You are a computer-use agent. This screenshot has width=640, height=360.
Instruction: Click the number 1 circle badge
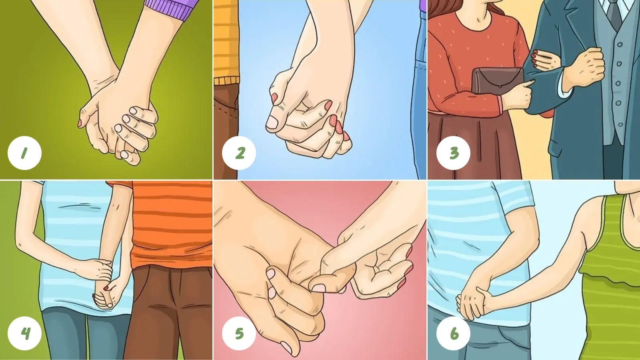pos(24,153)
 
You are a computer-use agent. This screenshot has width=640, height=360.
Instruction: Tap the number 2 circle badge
pos(239,153)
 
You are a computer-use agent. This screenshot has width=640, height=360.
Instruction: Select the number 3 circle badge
pos(454,153)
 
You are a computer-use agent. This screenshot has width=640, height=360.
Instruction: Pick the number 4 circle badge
pos(24,333)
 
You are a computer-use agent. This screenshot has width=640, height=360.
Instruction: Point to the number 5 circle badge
pos(239,333)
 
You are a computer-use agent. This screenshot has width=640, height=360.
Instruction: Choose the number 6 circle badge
pos(454,333)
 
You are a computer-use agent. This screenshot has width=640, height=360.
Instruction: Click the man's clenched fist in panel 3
pos(586,68)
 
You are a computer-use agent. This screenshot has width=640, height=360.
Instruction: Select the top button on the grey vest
pos(620,44)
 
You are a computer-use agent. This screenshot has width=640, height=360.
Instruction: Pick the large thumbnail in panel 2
pos(272,122)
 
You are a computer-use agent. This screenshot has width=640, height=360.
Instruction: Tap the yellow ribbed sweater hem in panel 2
pos(226,80)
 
